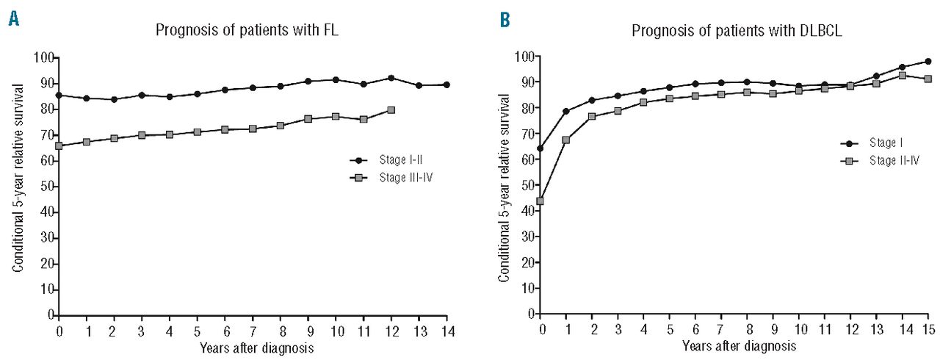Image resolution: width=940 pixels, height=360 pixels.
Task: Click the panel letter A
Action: (14, 20)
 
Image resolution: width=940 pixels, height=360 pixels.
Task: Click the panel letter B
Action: (505, 20)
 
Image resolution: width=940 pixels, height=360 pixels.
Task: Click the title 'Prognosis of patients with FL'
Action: (239, 31)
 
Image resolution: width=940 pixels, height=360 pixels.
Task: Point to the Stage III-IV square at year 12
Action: (391, 110)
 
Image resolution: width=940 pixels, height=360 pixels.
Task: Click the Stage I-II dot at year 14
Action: (446, 84)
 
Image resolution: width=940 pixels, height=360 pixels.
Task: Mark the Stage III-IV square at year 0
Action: (59, 145)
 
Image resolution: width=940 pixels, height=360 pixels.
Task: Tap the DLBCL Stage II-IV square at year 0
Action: (540, 201)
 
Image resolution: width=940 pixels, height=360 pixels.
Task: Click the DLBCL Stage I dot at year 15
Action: (928, 61)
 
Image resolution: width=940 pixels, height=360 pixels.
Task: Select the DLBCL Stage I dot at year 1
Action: (566, 111)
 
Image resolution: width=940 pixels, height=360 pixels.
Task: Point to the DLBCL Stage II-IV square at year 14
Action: (902, 75)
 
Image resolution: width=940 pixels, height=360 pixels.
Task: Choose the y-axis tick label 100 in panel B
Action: (526, 57)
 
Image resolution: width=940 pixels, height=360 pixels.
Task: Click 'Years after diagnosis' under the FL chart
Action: (253, 349)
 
